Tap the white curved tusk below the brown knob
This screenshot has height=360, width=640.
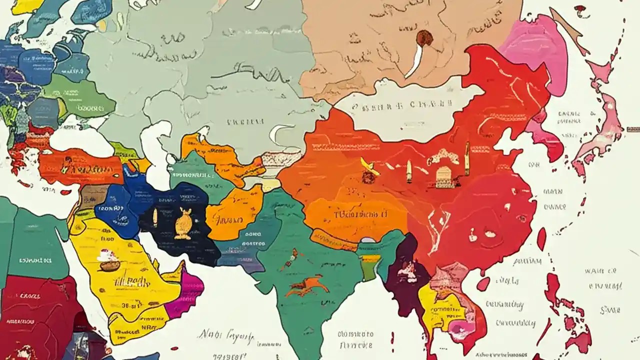pos(415,63)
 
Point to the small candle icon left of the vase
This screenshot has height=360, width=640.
pos(155,215)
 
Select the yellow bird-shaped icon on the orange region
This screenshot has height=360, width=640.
pos(369,168)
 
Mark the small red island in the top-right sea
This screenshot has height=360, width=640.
pos(580,8)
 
